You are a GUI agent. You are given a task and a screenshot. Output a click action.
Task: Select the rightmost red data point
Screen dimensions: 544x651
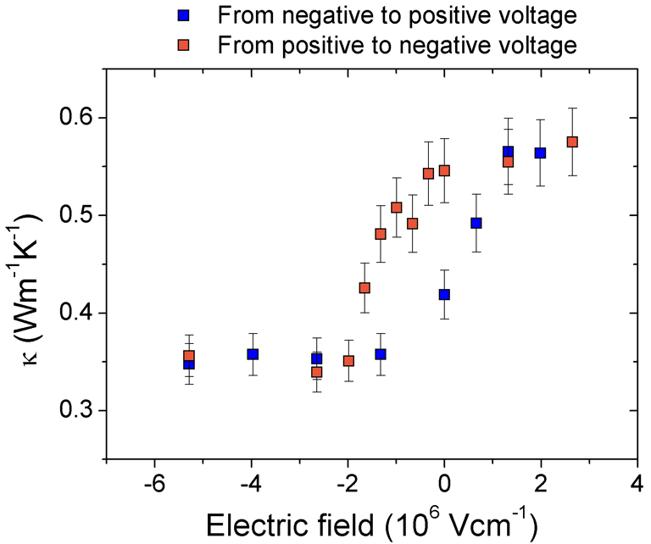572,142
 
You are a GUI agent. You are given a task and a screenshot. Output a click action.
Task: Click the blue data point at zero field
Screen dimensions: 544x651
444,294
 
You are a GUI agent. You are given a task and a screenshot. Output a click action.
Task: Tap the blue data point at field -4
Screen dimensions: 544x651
253,354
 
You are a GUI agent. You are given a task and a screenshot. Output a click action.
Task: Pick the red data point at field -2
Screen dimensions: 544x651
348,361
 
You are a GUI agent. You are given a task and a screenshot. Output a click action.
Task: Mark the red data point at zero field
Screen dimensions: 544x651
444,170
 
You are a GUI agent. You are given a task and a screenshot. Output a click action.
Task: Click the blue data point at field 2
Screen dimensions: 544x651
540,153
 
